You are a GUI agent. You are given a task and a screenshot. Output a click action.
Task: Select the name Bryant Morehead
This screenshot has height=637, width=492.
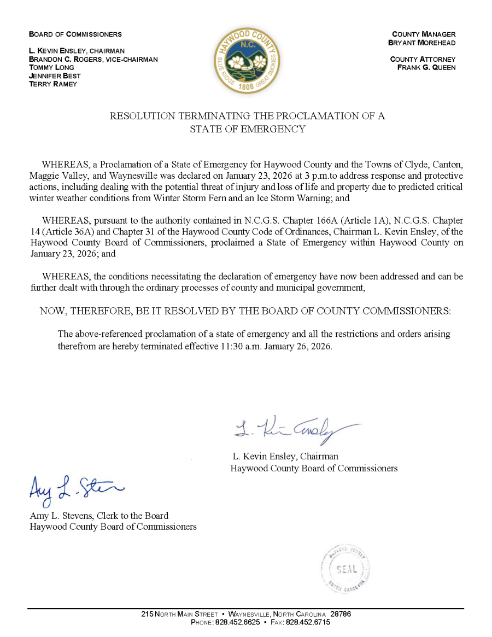[421, 43]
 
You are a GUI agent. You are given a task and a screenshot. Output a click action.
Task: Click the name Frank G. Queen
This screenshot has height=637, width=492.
[426, 68]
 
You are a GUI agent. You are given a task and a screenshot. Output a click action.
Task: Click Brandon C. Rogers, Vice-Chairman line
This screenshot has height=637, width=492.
[93, 59]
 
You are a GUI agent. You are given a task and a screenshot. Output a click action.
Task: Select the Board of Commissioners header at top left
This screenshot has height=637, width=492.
[75, 34]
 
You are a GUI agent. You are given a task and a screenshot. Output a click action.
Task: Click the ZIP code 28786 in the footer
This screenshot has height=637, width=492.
[341, 614]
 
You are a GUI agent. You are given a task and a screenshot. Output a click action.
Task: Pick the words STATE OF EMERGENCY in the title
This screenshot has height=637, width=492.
[247, 129]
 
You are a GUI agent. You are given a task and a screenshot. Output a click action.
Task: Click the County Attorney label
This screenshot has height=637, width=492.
[423, 59]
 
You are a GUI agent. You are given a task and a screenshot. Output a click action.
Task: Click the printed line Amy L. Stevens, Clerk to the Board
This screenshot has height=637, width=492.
[99, 516]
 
